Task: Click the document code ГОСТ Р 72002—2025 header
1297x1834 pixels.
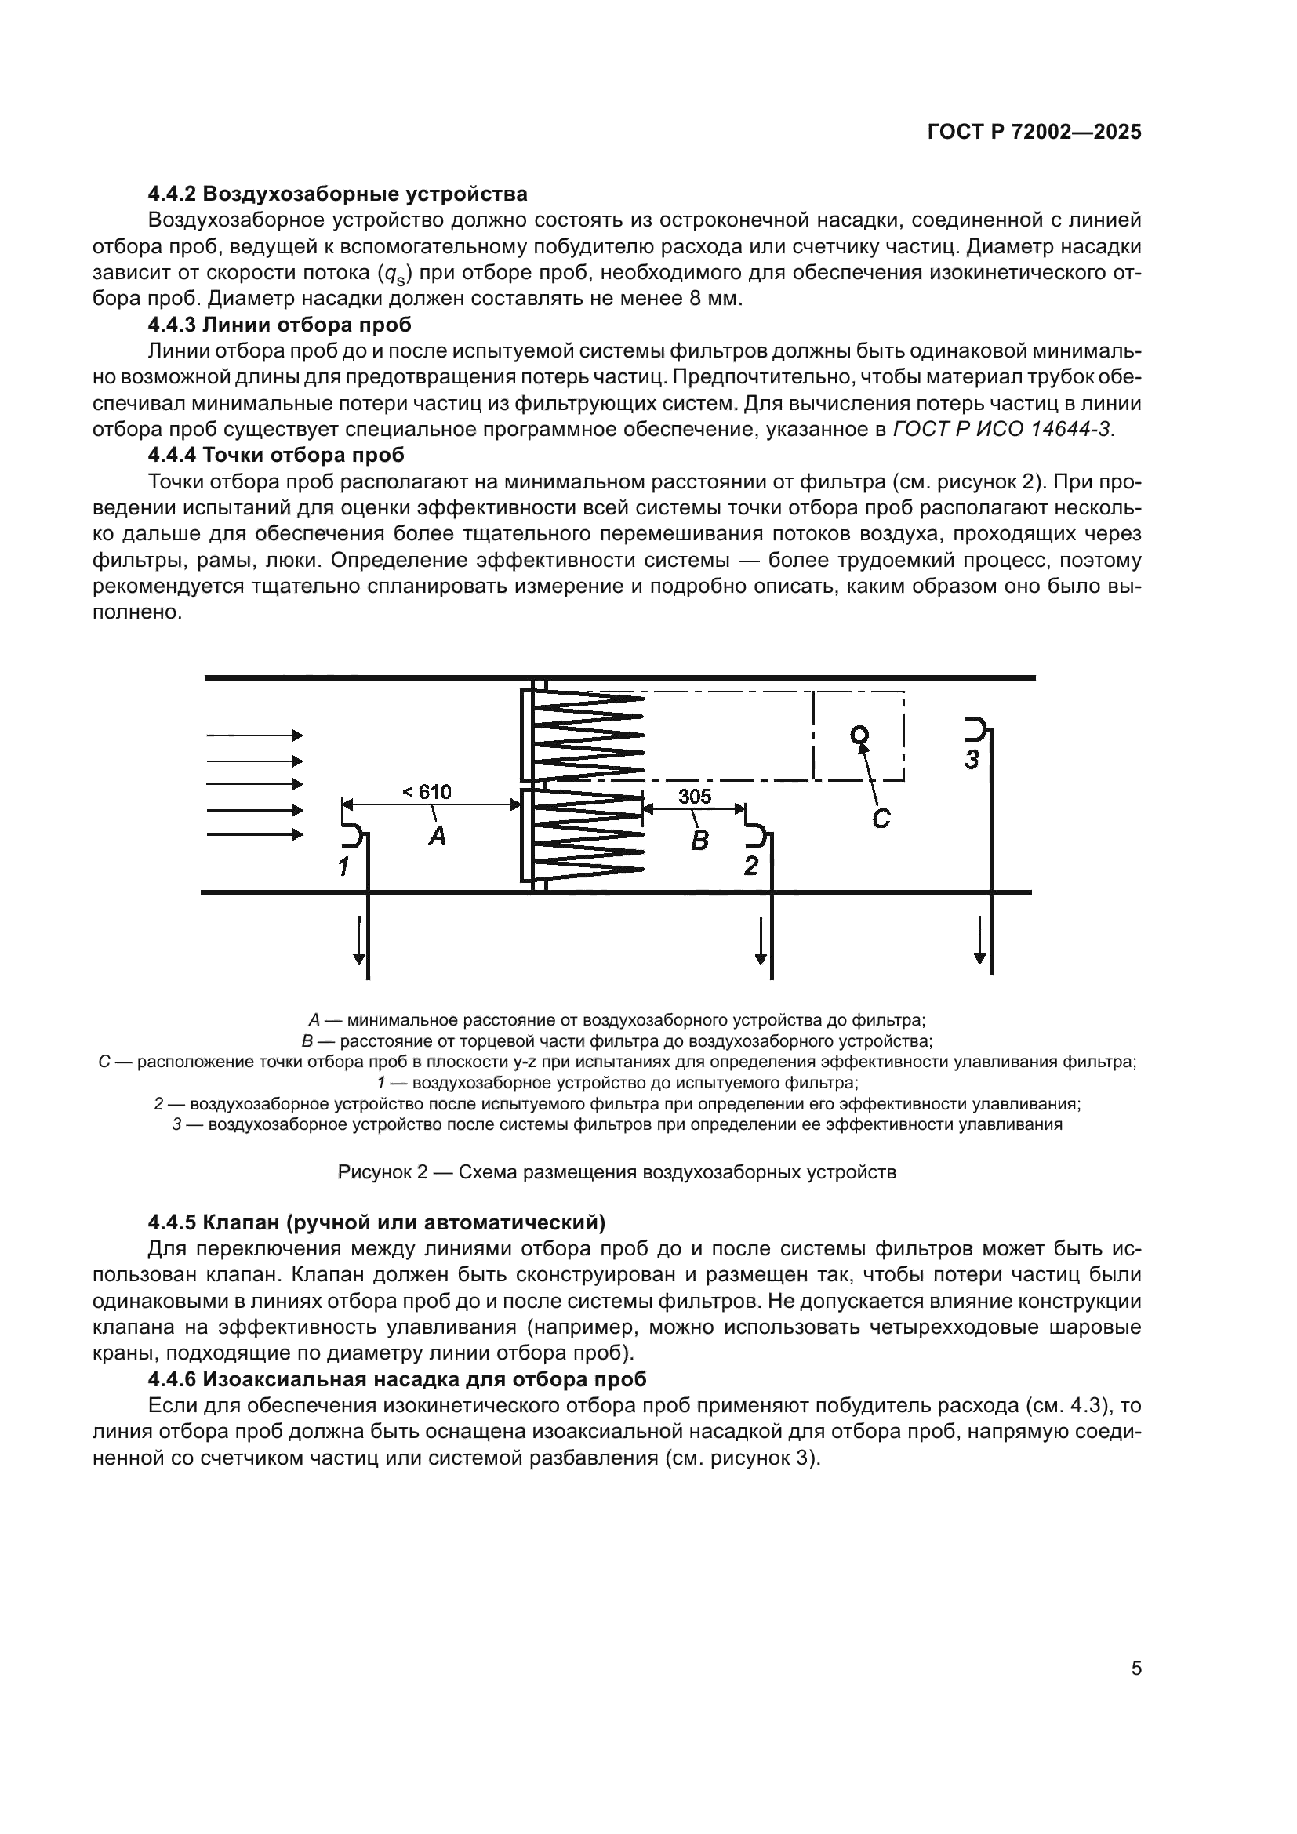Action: (x=1034, y=133)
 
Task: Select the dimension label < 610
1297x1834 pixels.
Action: (x=427, y=792)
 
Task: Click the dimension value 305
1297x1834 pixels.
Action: (x=694, y=796)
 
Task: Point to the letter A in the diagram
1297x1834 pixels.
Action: (x=437, y=837)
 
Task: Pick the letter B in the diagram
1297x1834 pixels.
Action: (x=699, y=840)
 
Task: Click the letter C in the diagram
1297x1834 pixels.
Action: (x=880, y=818)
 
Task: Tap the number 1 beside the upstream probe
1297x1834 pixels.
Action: (x=343, y=866)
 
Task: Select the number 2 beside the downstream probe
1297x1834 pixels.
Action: (x=750, y=865)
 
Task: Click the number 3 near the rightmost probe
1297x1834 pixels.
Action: (x=971, y=760)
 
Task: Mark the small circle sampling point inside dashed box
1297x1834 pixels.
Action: (x=859, y=734)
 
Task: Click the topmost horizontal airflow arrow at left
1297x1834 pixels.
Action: (x=255, y=735)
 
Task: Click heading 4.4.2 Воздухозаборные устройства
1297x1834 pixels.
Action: (x=338, y=194)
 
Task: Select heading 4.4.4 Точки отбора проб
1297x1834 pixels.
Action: (x=276, y=456)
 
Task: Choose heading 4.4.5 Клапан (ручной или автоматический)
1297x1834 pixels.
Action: (x=376, y=1222)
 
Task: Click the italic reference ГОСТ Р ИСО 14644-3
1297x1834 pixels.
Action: (x=1001, y=429)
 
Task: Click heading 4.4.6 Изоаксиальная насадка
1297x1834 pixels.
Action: (x=397, y=1378)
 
